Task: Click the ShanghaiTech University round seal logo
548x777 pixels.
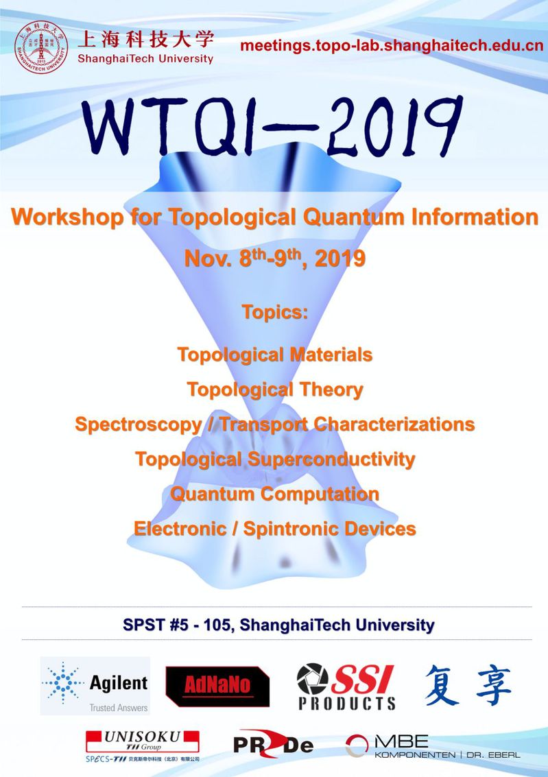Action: [x=41, y=47]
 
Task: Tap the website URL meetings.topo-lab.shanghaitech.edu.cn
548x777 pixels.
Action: [x=392, y=46]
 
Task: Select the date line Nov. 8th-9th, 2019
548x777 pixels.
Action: [x=275, y=258]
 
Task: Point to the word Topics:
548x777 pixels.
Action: [x=275, y=312]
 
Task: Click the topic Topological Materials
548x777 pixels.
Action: [x=275, y=355]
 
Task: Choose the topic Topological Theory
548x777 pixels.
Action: [x=275, y=390]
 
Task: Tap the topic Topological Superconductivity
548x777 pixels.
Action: [x=275, y=459]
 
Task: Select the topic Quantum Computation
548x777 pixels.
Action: [x=275, y=494]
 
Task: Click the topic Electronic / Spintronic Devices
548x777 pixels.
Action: [x=275, y=529]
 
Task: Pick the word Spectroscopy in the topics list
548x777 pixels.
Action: [x=139, y=425]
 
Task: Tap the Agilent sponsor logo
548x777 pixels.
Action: [x=95, y=686]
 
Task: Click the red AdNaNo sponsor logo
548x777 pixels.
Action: [x=217, y=686]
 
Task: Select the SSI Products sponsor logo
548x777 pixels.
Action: [x=346, y=686]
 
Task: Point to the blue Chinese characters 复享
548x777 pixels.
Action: [x=468, y=685]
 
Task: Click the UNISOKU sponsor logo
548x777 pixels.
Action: [x=143, y=745]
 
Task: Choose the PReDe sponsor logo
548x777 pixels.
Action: [x=273, y=744]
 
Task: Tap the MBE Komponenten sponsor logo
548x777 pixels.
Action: [x=433, y=746]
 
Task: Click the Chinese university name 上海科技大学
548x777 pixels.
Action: [x=145, y=39]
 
